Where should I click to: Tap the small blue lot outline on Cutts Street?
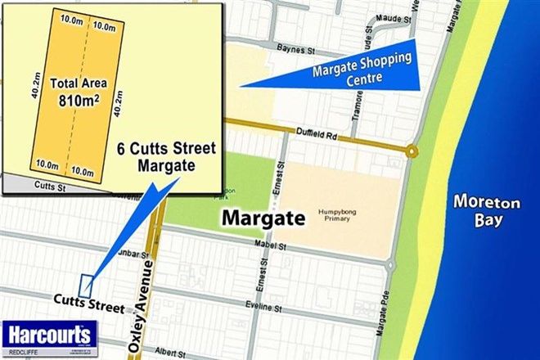[x=86, y=283]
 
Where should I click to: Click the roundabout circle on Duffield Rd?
[x=412, y=150]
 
